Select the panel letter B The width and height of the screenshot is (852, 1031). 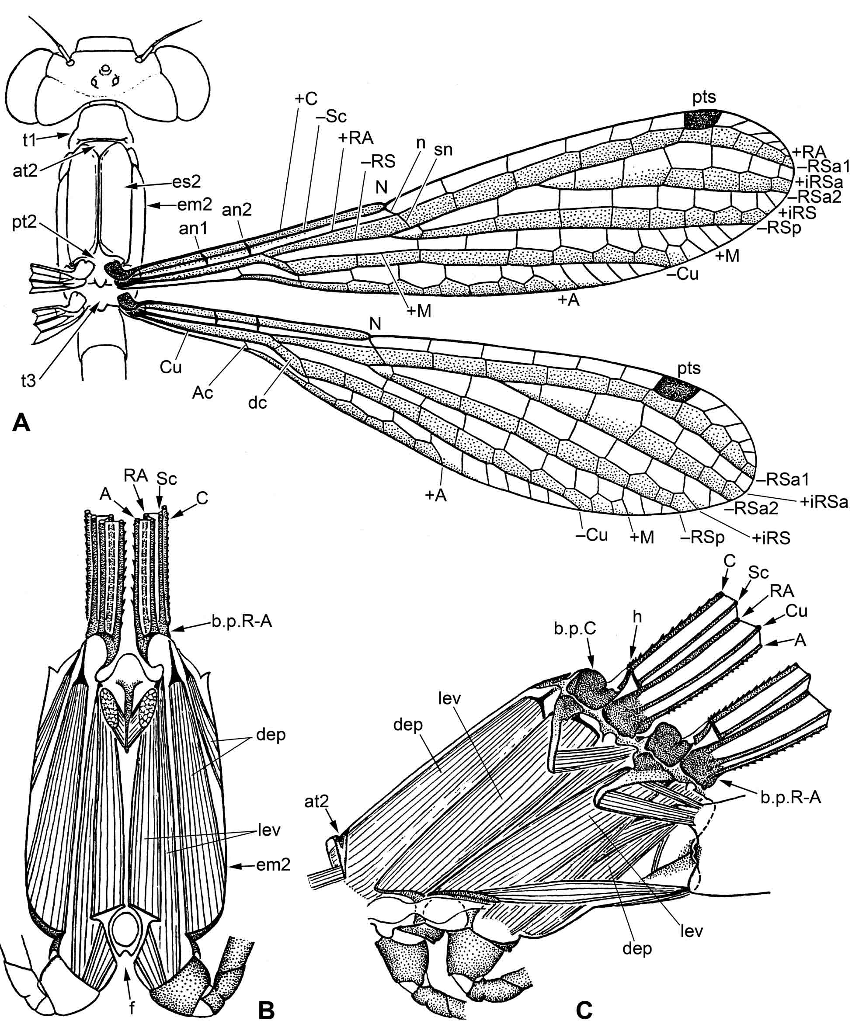(266, 1011)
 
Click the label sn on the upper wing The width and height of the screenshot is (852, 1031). (443, 149)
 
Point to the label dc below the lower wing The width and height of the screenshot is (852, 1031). (257, 403)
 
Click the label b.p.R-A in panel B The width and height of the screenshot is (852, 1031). (241, 622)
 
